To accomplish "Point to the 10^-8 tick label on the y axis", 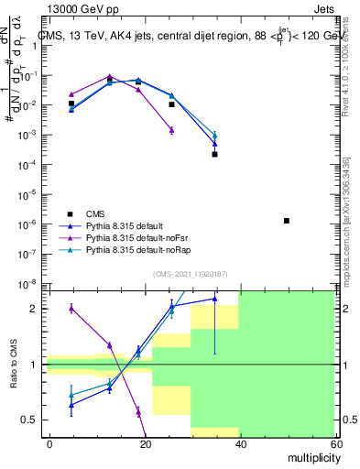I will [x=29, y=283].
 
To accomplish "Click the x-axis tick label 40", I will [x=239, y=443].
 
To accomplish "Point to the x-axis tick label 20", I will [x=145, y=443].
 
